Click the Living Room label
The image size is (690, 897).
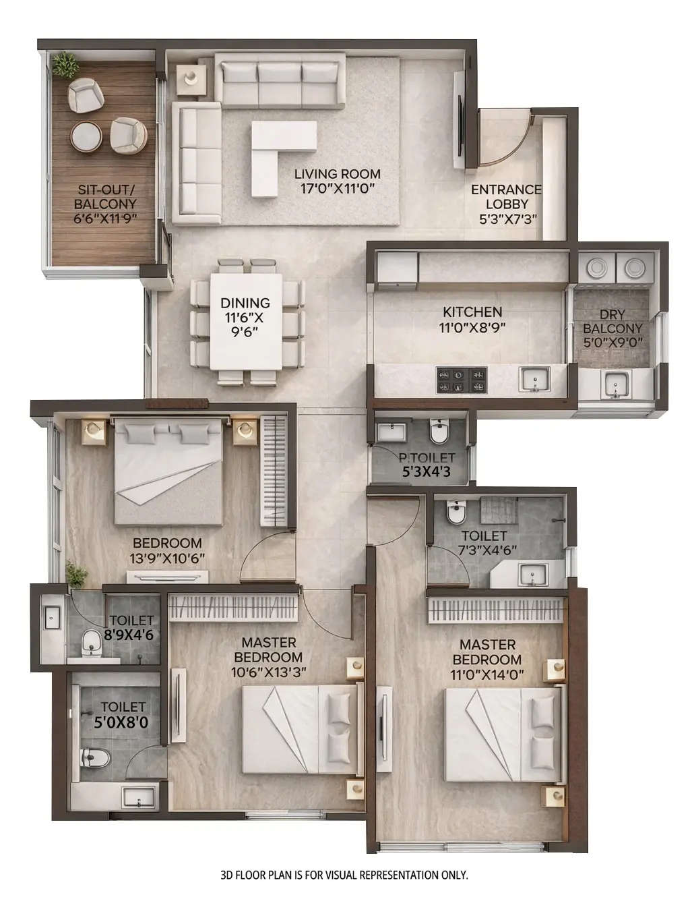[x=337, y=173]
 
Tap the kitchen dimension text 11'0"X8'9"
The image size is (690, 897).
[x=472, y=327]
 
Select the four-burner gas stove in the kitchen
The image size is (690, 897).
[x=462, y=380]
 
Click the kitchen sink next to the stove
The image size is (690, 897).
[x=534, y=380]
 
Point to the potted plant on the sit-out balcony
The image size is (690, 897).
[x=66, y=64]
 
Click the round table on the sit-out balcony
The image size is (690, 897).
[x=86, y=136]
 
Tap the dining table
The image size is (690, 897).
[x=246, y=322]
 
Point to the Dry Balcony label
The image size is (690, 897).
[x=613, y=321]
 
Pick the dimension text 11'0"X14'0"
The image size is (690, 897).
[x=487, y=674]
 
